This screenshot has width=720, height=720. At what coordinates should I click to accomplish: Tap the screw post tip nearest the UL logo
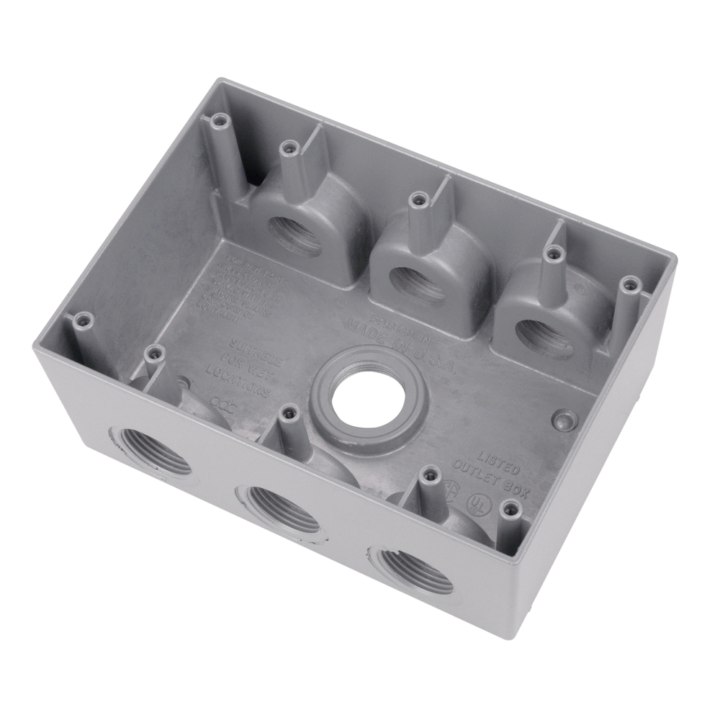[x=510, y=508]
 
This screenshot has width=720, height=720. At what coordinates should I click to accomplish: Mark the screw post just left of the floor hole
[x=289, y=413]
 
